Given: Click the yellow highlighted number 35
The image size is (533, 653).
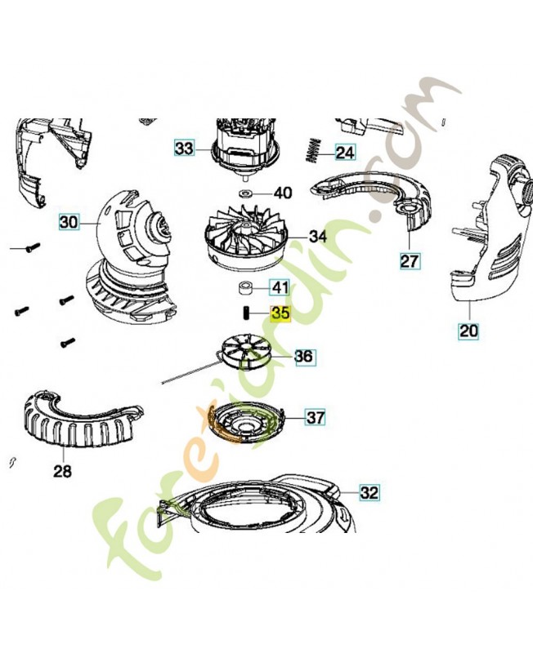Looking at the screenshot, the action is (280, 313).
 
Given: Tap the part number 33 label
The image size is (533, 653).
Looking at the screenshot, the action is (184, 148).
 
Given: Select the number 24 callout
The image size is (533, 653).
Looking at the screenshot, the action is (345, 153).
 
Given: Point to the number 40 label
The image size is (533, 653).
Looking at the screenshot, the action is (283, 193).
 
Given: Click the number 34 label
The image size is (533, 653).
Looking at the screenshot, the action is (318, 237).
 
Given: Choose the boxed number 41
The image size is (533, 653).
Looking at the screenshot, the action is (280, 287).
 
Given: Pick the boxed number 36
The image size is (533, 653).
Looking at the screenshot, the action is (307, 357).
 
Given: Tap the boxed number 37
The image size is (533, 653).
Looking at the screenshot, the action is (316, 417).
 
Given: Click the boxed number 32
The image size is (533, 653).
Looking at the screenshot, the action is (370, 493).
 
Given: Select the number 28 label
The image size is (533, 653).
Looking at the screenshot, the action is (63, 471).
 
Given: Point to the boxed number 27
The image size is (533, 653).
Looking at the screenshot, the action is (410, 261).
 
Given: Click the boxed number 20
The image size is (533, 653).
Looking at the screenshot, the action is (468, 331).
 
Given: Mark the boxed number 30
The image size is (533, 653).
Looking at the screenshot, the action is (69, 221).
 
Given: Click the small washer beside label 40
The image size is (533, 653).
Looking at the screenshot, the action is (244, 193).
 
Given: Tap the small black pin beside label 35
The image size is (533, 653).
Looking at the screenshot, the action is (245, 313).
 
